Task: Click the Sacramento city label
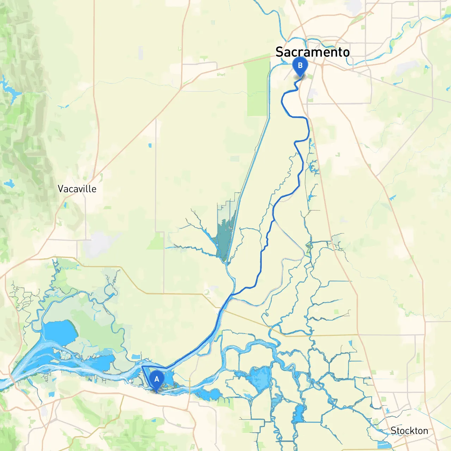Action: click(313, 52)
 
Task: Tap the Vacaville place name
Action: click(77, 189)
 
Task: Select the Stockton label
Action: click(409, 431)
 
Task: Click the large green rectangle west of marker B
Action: click(258, 88)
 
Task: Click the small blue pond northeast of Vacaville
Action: click(150, 145)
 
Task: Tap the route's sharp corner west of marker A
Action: click(142, 367)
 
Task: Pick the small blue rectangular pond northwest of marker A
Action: click(136, 357)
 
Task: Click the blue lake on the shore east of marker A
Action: click(209, 394)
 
